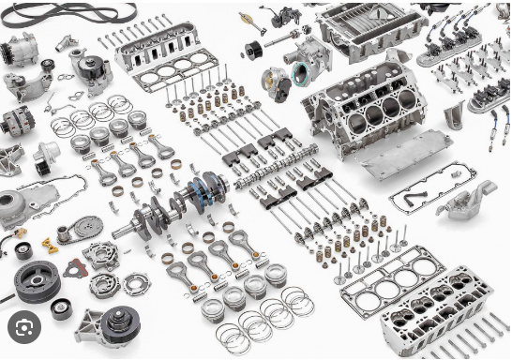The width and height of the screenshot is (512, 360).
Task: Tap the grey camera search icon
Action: pyautogui.click(x=24, y=327)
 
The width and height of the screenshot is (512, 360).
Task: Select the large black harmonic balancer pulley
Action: pyautogui.click(x=38, y=280)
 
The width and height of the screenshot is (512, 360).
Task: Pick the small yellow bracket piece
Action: pyautogui.click(x=50, y=246)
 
